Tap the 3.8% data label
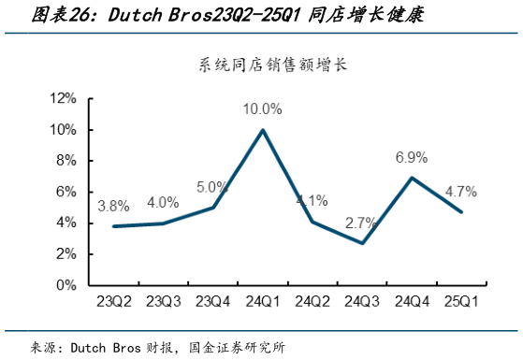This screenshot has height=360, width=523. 113,206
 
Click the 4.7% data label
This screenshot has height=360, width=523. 460,192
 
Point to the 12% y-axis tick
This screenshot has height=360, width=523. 62,98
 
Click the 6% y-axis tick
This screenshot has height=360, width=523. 65,192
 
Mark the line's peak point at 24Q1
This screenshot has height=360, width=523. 263,130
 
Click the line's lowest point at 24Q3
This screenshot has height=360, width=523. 362,243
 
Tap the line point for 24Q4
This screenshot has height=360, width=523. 412,178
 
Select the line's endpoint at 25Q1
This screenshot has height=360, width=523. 461,212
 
